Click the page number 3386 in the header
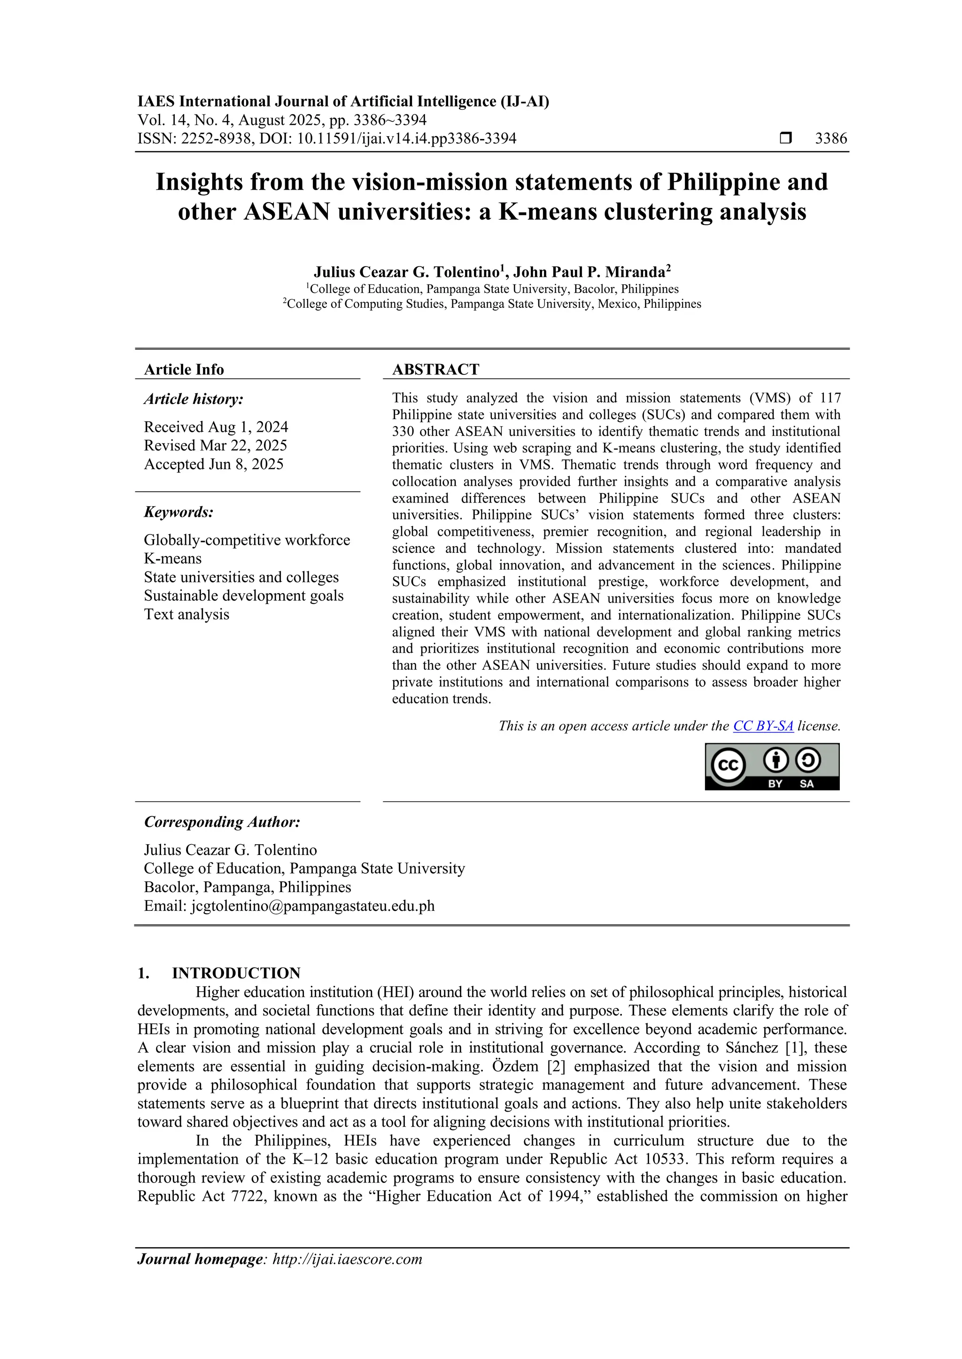pos(830,138)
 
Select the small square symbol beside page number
pos(785,138)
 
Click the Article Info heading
pos(184,369)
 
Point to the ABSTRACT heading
pos(435,369)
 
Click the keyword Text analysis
pos(186,614)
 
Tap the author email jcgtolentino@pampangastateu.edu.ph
pos(312,906)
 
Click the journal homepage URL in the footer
pos(347,1259)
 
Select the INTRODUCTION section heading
pos(236,973)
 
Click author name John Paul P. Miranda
pos(589,272)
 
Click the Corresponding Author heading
pos(222,822)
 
